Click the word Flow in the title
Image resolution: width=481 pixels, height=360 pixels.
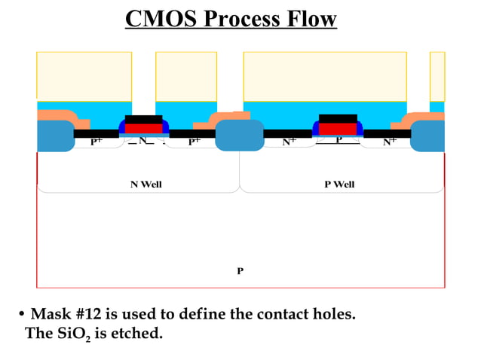(x=311, y=19)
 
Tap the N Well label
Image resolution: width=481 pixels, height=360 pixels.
(x=146, y=185)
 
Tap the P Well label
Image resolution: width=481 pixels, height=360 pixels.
(x=339, y=185)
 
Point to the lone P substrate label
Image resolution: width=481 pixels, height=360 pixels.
(x=240, y=270)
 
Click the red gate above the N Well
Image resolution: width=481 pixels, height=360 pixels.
(x=143, y=128)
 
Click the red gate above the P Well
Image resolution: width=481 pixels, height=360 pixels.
(x=338, y=128)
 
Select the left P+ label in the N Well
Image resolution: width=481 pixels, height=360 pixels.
(x=97, y=141)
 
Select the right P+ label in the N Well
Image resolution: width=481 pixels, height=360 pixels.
(x=194, y=141)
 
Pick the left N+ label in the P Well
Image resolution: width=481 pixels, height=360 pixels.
(x=290, y=141)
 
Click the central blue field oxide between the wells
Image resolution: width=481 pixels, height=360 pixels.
(x=240, y=135)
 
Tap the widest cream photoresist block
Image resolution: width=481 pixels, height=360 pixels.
(x=325, y=75)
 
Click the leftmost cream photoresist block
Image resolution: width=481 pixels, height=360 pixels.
(x=84, y=75)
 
